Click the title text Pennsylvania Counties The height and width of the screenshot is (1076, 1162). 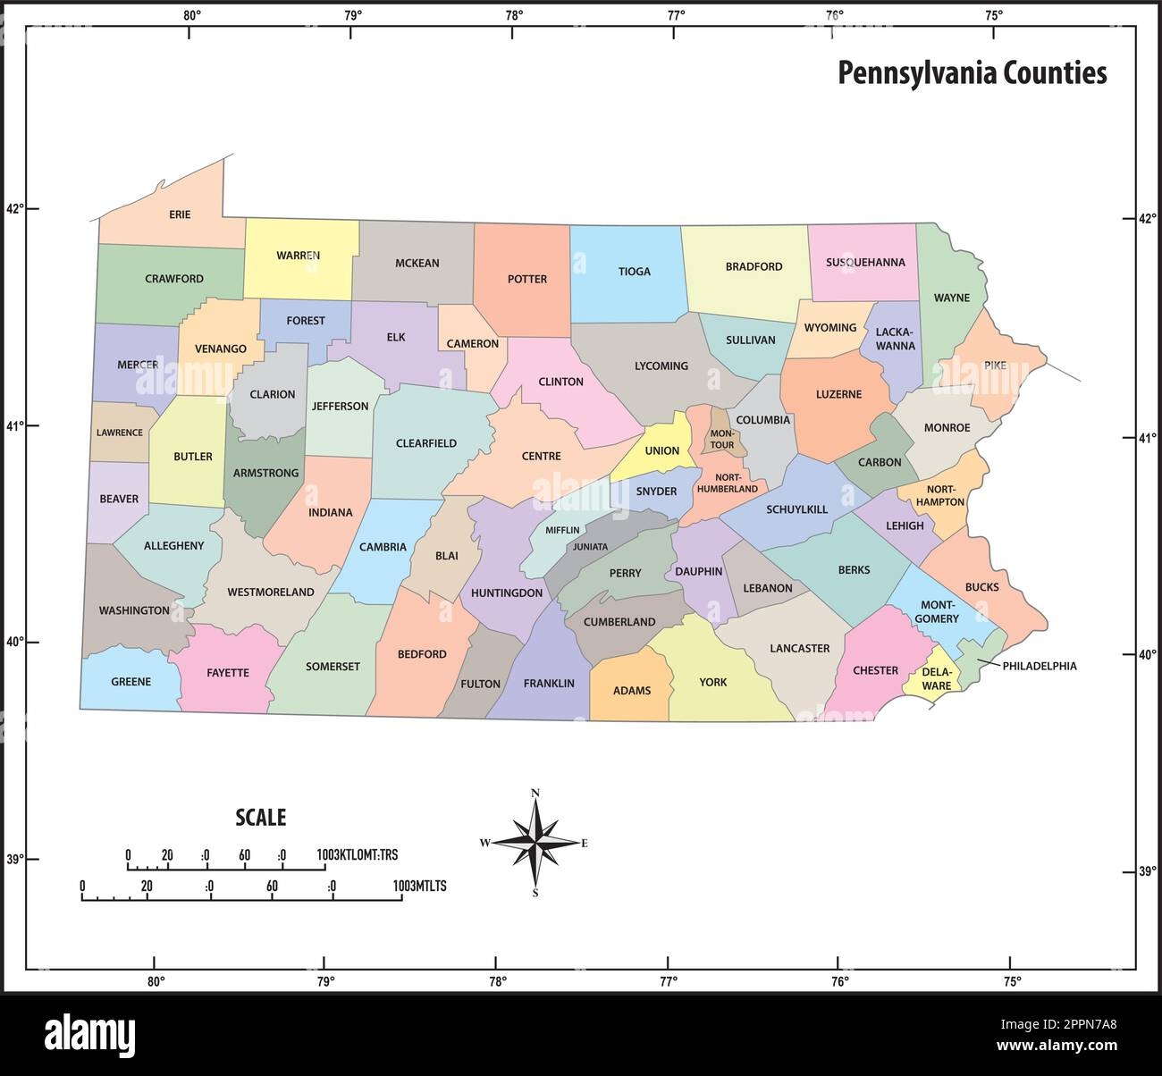click(972, 73)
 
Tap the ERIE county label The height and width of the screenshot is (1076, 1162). click(180, 214)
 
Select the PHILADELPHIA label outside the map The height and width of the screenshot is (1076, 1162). click(1039, 666)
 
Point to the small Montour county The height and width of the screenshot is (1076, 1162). click(722, 439)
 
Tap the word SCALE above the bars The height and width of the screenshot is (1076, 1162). click(260, 817)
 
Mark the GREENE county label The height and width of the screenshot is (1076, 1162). click(131, 682)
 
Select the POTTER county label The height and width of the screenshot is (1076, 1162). click(526, 279)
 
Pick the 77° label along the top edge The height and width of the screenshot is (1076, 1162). click(676, 15)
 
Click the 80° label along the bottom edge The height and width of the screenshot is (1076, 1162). click(156, 981)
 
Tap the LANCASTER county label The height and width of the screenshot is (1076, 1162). click(799, 649)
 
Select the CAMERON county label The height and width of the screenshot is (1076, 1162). click(472, 344)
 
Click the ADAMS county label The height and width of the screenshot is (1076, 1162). click(631, 691)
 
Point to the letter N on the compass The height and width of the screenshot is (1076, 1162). click(535, 793)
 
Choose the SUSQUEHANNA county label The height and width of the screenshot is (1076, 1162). click(864, 263)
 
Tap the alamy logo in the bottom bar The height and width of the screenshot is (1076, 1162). click(89, 1034)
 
